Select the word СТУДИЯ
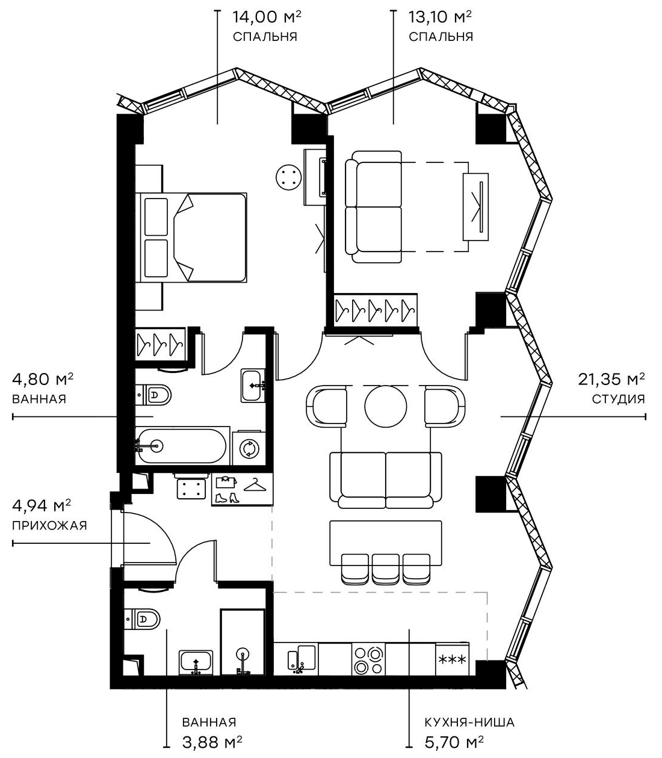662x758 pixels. tap(618, 399)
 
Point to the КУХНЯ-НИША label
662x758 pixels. tap(469, 723)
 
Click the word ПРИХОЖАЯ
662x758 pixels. tap(49, 526)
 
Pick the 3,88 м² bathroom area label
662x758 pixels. tap(212, 741)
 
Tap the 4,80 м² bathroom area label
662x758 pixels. tap(43, 380)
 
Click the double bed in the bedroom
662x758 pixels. tap(193, 237)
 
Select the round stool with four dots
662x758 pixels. tap(288, 177)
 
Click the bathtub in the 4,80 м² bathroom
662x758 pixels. tap(181, 446)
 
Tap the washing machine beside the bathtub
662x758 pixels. tap(248, 448)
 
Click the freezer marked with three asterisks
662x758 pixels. tap(453, 660)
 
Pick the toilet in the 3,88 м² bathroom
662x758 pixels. tap(143, 618)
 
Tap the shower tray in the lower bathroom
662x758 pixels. tap(243, 642)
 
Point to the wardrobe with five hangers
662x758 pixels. tap(376, 310)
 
